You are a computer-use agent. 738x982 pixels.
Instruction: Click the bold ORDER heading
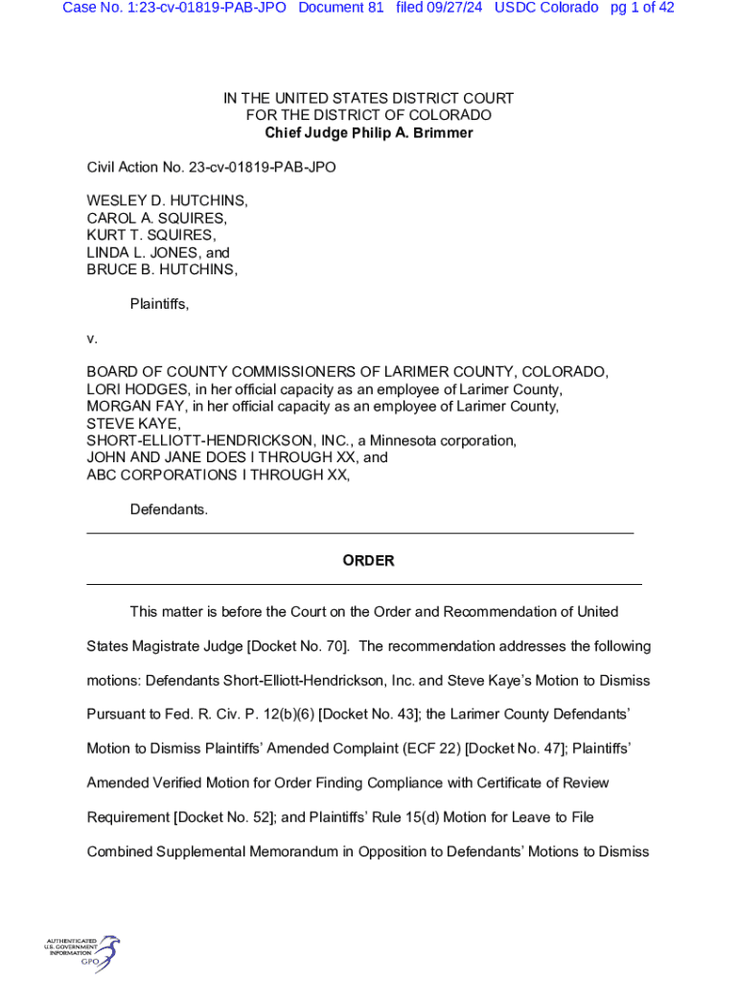(x=368, y=560)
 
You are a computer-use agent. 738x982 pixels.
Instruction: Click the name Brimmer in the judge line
(x=444, y=132)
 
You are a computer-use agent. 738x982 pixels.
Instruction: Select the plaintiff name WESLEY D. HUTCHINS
(x=167, y=200)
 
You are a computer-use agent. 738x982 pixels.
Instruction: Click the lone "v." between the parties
(x=92, y=338)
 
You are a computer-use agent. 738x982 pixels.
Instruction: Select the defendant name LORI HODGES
(x=137, y=389)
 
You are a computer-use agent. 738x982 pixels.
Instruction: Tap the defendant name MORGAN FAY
(x=135, y=407)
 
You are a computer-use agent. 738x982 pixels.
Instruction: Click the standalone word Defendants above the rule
(x=169, y=509)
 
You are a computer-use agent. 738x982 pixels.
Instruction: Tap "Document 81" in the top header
(x=341, y=8)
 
